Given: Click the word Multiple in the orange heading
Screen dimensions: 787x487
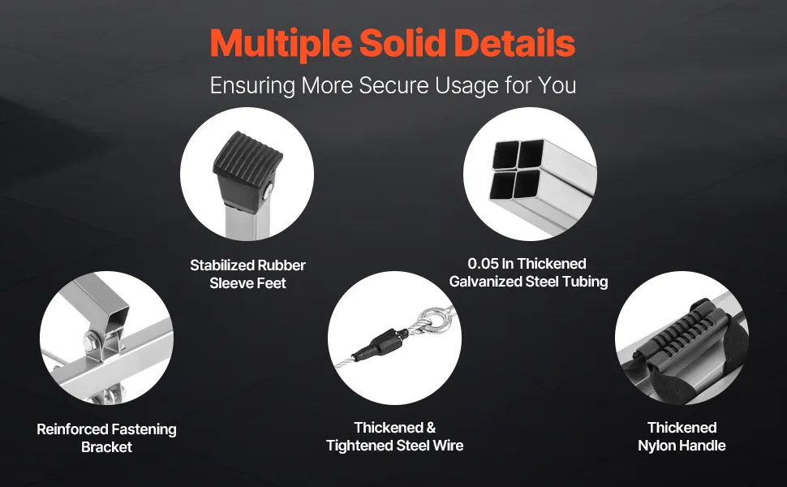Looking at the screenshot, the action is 280,44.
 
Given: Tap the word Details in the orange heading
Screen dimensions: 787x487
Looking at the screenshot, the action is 514,43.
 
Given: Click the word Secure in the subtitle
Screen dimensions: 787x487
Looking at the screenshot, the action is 393,85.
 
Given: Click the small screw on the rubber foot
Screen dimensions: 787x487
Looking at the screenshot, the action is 268,190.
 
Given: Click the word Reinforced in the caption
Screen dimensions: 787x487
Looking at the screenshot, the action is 71,429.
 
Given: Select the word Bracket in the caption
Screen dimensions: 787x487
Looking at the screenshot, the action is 106,447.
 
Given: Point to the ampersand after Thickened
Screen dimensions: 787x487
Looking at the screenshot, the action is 431,428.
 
